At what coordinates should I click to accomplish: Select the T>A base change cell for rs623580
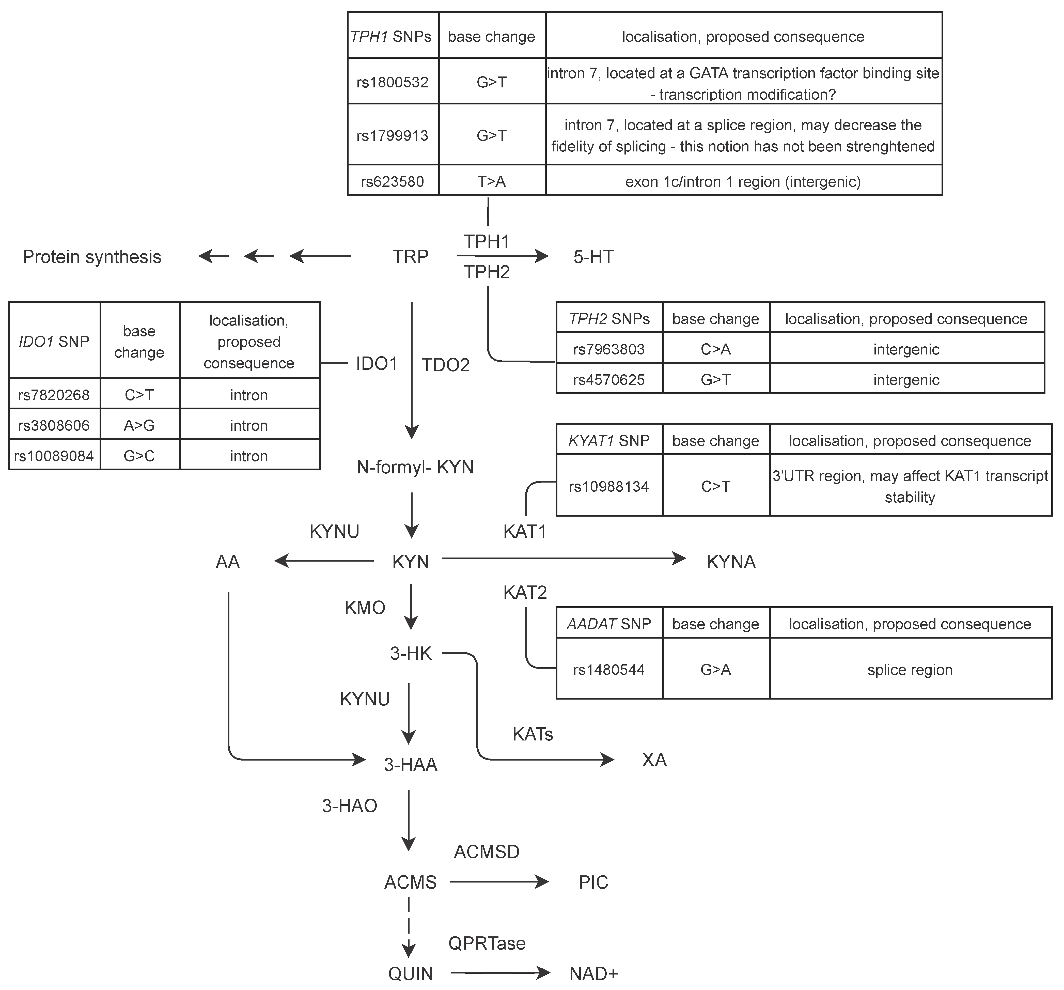(491, 181)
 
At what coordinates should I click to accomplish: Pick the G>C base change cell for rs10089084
(139, 456)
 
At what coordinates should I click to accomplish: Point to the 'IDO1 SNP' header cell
(54, 341)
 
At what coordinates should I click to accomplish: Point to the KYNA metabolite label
(731, 562)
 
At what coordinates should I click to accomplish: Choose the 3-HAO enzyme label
(350, 806)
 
